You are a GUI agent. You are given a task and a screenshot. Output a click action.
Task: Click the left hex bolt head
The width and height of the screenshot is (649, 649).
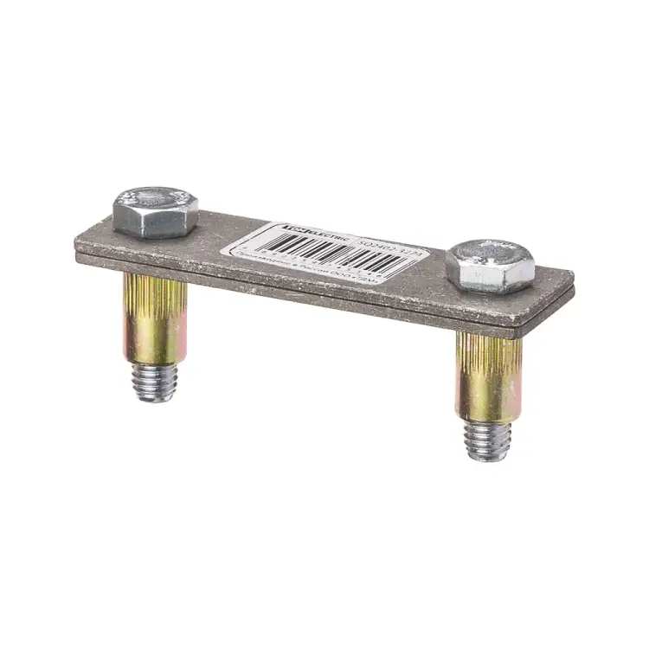point(155,212)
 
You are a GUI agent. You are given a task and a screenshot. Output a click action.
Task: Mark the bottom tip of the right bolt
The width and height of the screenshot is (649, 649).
point(488,457)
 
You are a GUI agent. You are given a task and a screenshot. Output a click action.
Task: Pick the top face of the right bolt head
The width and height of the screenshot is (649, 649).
point(490,251)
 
